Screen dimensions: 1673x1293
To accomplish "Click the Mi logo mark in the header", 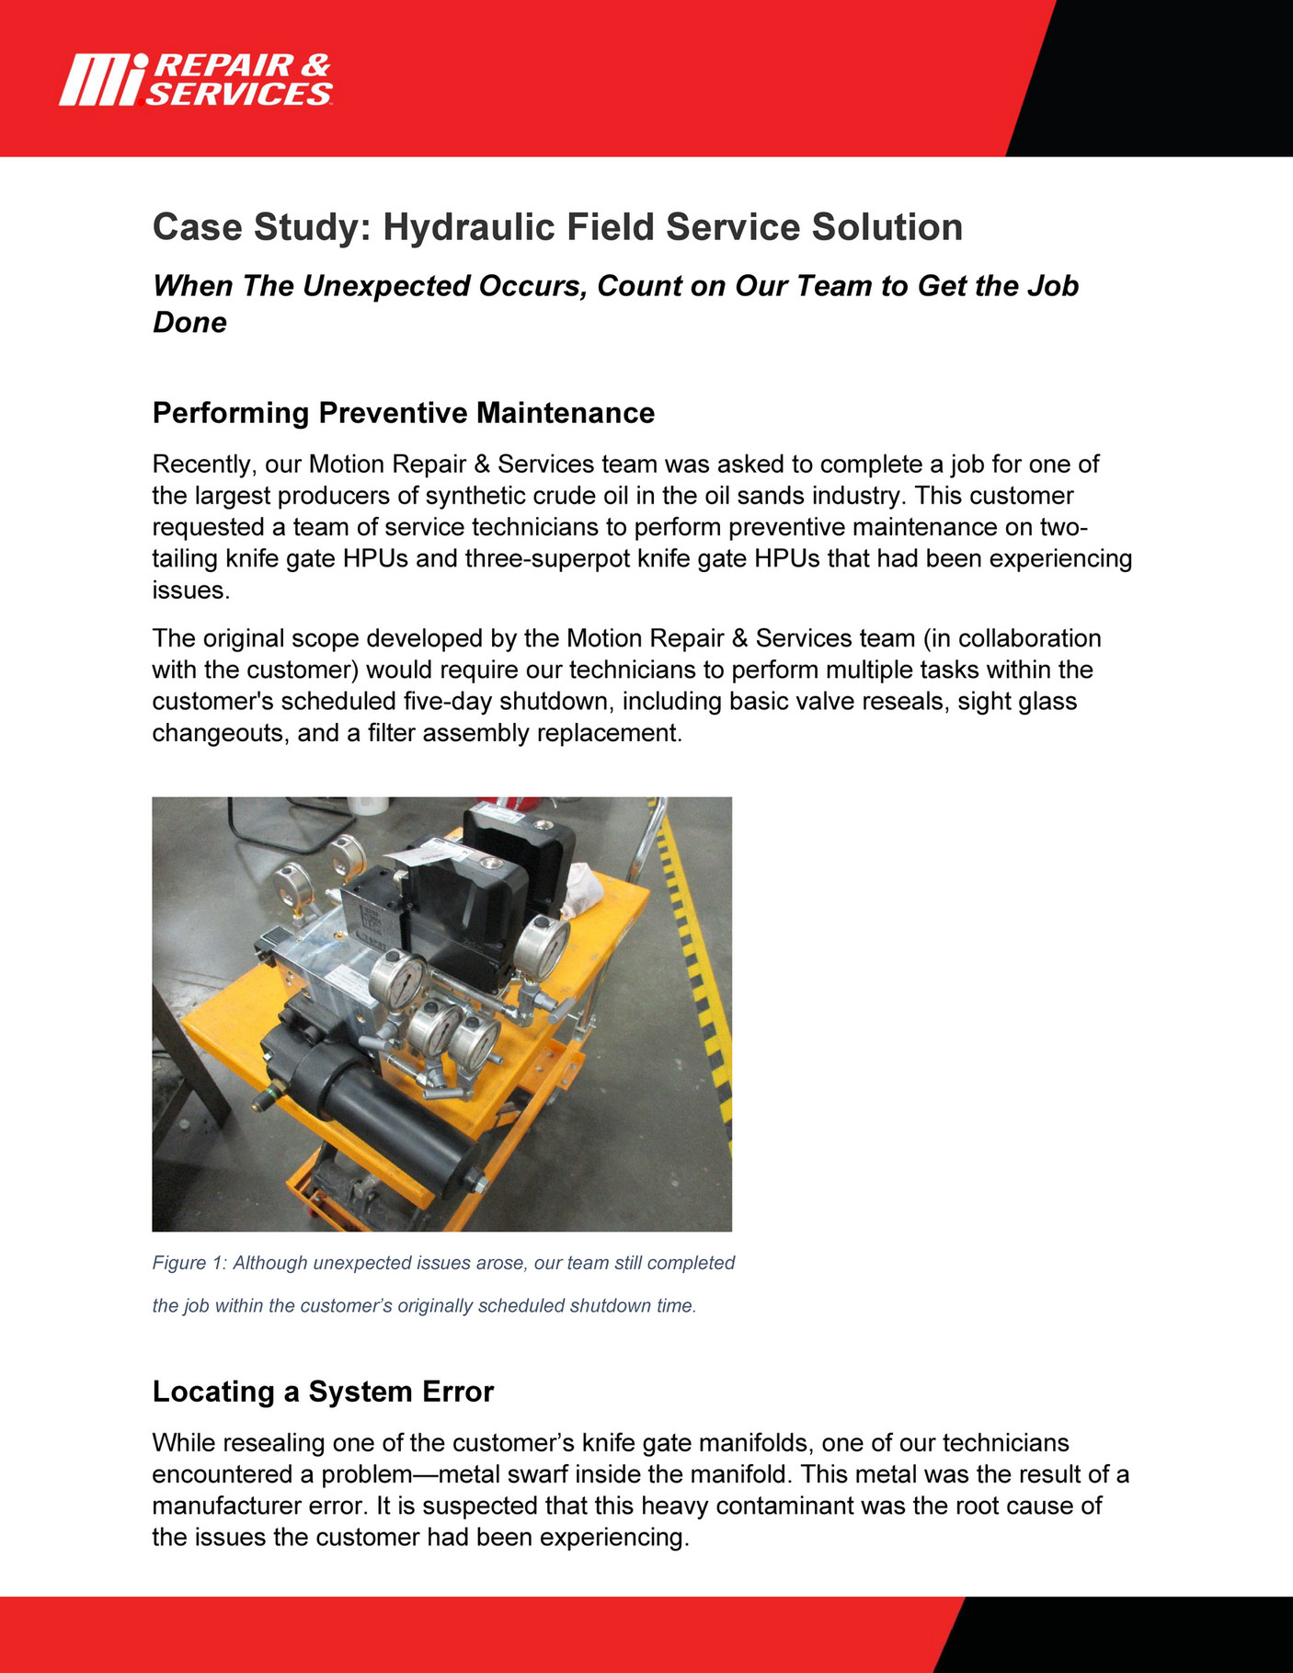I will pyautogui.click(x=101, y=80).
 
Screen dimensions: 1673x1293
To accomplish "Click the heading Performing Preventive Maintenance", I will pyautogui.click(x=403, y=413).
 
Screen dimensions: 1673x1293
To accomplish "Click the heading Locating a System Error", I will pyautogui.click(x=323, y=1392).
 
